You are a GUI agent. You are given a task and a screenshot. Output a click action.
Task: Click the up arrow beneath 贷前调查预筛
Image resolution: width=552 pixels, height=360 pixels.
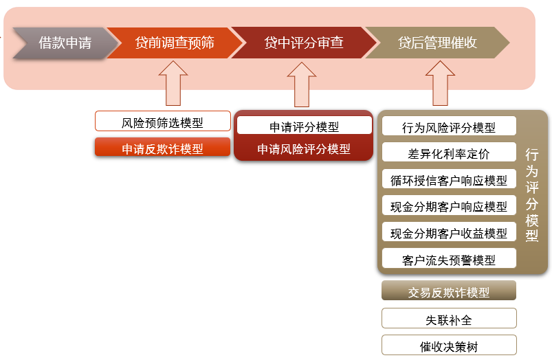pos(173,84)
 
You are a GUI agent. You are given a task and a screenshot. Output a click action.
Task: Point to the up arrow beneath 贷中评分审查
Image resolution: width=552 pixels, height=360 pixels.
pos(302,85)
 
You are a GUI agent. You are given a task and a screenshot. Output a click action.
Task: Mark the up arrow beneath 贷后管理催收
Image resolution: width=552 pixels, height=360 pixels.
pos(440,84)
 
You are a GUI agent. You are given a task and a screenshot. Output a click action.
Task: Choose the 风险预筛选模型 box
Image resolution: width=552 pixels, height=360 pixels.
pos(163,122)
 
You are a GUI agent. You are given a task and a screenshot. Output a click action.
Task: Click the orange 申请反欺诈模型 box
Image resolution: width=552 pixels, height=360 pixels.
pos(163,147)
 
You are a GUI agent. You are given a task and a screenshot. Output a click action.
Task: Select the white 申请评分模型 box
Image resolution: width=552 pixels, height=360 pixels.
pos(305,125)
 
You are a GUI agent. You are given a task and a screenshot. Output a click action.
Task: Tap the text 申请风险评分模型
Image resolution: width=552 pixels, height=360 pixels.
pos(304,149)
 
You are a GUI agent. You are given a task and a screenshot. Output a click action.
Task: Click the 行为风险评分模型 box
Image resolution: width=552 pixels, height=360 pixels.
pos(449,126)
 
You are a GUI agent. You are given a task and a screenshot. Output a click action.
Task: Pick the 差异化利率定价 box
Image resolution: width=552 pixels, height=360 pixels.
pos(449,152)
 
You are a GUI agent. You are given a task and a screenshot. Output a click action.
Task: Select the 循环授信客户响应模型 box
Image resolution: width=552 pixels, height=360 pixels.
pos(449,179)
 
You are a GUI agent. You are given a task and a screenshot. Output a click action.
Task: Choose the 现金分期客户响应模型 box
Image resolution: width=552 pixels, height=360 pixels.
pos(449,205)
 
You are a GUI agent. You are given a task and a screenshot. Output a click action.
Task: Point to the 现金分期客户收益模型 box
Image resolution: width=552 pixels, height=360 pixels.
pos(449,232)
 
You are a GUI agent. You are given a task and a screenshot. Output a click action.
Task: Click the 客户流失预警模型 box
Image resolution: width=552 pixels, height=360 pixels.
pos(449,258)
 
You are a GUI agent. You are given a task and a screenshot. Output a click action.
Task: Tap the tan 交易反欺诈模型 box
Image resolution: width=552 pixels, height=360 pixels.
pos(449,291)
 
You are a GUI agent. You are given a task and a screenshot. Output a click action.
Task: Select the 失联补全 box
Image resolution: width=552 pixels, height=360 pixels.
pos(449,318)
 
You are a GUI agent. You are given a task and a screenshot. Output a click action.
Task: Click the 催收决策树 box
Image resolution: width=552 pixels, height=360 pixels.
pos(449,345)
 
